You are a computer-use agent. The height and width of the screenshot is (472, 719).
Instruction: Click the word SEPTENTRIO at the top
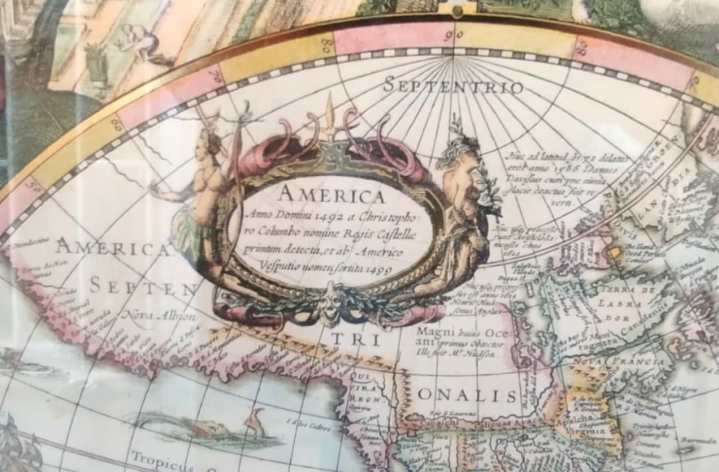click(x=453, y=85)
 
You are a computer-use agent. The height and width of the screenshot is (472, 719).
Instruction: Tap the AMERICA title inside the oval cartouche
click(x=331, y=195)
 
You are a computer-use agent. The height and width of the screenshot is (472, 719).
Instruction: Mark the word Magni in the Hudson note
click(x=435, y=330)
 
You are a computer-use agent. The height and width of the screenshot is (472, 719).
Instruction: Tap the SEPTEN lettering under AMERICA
click(x=143, y=286)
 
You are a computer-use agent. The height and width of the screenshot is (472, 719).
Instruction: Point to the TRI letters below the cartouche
click(x=345, y=339)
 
